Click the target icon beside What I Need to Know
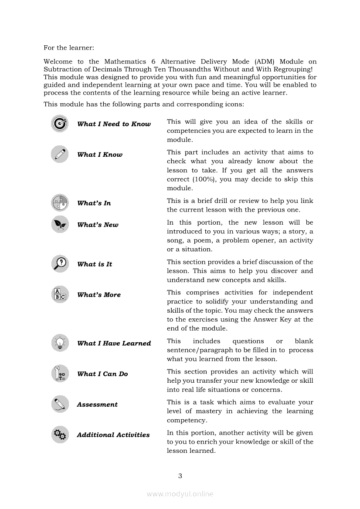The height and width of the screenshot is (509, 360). [59, 124]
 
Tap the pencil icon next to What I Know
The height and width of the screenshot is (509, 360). [59, 154]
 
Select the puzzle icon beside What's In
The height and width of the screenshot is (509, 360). [59, 203]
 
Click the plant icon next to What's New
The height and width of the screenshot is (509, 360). [59, 224]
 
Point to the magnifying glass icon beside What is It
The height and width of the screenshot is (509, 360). [59, 263]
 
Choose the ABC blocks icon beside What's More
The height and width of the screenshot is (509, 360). [59, 295]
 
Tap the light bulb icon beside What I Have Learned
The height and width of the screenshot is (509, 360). [59, 343]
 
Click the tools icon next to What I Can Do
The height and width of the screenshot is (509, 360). [59, 374]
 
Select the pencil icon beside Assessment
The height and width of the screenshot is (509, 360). [59, 404]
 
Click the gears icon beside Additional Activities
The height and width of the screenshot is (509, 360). [59, 435]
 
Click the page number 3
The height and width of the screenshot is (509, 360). [180, 475]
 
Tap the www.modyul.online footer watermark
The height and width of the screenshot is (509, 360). [180, 494]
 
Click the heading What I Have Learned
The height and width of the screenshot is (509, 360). [114, 343]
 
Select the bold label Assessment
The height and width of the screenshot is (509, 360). [97, 405]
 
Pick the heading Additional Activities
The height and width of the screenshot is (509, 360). [113, 435]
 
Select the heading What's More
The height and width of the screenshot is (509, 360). [99, 295]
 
